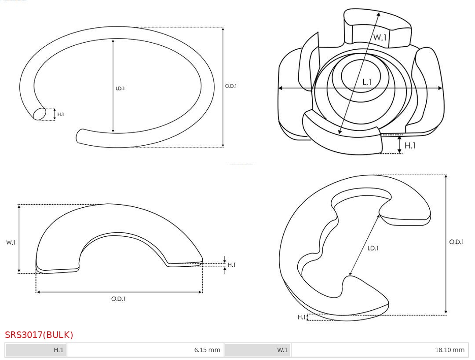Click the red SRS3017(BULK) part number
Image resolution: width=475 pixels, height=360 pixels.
click(x=39, y=335)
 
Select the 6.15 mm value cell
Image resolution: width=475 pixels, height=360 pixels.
click(x=146, y=350)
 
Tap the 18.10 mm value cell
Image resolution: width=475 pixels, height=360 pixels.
click(x=379, y=350)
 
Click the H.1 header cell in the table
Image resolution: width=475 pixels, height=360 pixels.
click(x=36, y=350)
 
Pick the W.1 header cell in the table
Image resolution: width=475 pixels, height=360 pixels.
click(x=258, y=350)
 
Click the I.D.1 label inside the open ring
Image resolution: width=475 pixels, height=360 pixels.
click(x=120, y=88)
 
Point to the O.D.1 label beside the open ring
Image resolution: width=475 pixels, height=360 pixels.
click(x=231, y=86)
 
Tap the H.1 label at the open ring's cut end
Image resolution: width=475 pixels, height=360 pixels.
click(x=61, y=114)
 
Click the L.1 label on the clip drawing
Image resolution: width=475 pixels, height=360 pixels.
click(x=367, y=82)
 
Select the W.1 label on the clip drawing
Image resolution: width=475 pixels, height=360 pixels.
click(x=380, y=37)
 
